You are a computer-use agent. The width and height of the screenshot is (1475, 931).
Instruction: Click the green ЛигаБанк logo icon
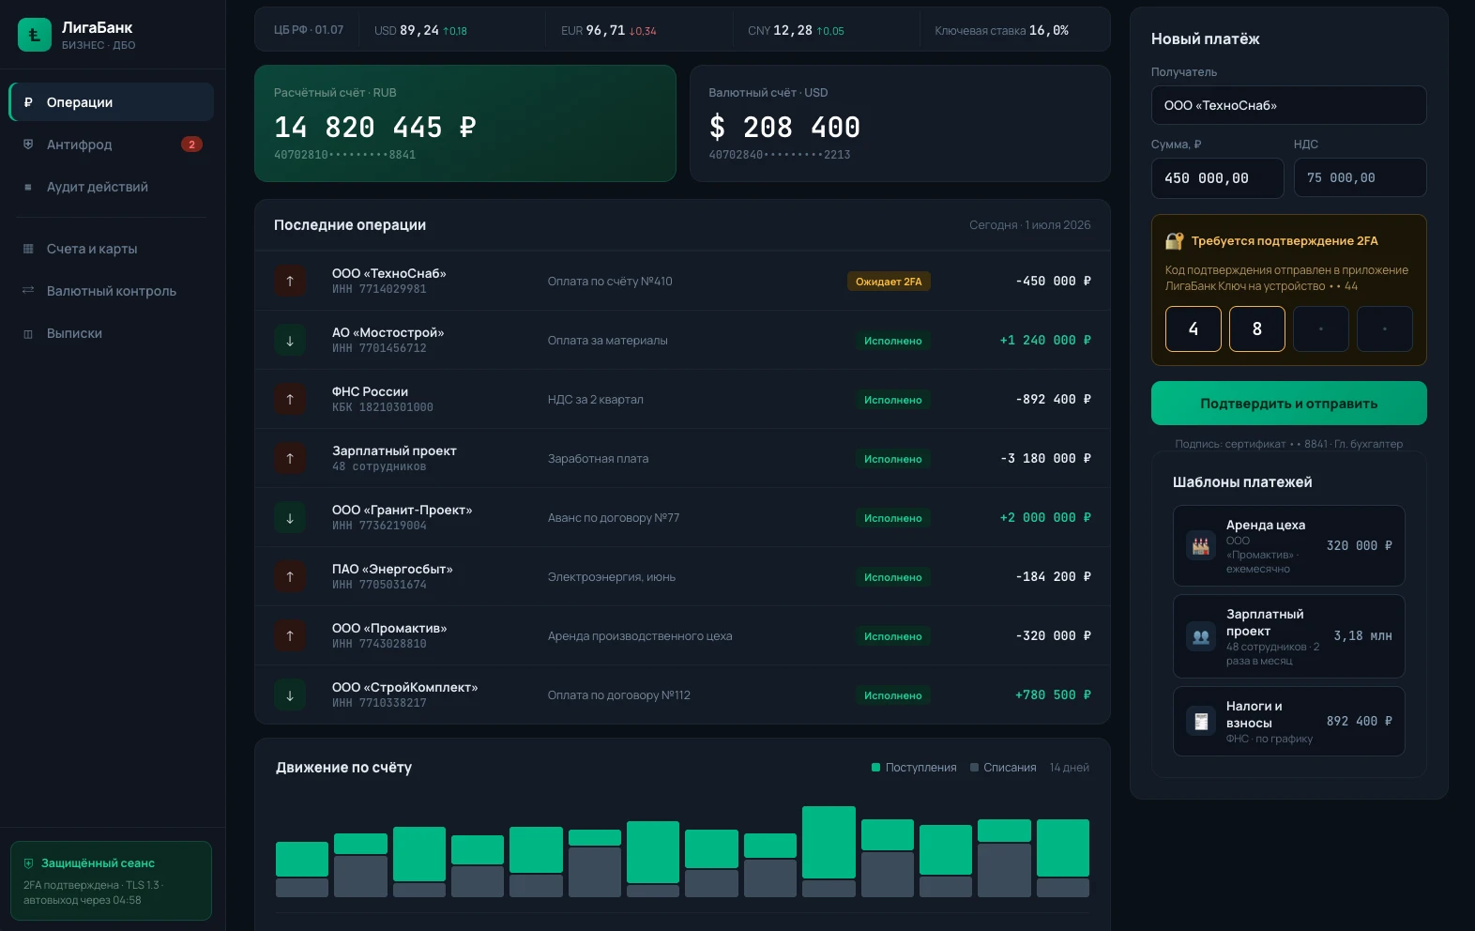point(34,35)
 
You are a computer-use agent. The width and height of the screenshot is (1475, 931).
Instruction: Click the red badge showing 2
point(191,145)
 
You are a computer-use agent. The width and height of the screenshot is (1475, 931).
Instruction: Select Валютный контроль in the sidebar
point(111,290)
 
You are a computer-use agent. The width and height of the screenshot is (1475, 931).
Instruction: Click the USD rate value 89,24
point(418,30)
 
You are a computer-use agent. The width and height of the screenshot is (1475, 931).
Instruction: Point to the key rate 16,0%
point(1048,30)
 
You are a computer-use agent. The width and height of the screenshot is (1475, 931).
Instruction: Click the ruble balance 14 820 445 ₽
point(374,127)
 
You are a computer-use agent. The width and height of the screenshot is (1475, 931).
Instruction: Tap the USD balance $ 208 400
point(784,127)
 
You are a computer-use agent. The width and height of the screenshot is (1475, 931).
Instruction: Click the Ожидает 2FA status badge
point(889,282)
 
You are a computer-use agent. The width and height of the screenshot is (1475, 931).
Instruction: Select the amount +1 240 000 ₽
point(1045,340)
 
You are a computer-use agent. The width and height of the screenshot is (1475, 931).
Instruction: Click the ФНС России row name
point(370,391)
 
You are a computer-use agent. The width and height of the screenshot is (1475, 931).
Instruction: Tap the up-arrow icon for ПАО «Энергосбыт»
point(290,576)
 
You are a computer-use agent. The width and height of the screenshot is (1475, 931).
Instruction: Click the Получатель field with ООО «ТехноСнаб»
point(1288,105)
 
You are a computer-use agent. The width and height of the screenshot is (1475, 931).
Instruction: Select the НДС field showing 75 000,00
point(1360,177)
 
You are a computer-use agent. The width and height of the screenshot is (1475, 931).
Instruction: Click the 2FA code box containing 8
point(1256,328)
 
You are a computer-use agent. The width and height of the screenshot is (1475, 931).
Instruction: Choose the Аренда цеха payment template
point(1288,545)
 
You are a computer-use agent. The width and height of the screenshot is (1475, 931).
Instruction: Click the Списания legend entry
point(1003,767)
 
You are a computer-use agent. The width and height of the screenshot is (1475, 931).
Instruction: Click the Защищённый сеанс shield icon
point(28,862)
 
